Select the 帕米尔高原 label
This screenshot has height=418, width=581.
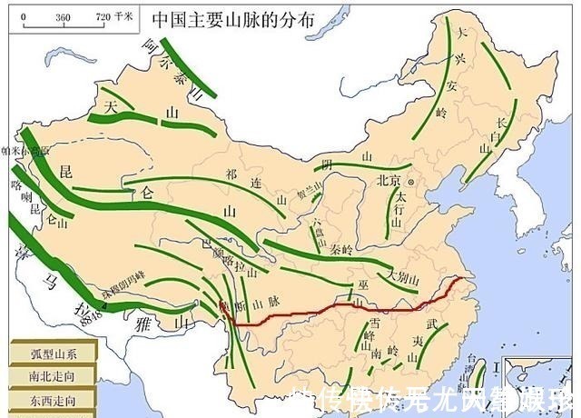point(17,151)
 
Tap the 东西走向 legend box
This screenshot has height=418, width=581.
point(42,398)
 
